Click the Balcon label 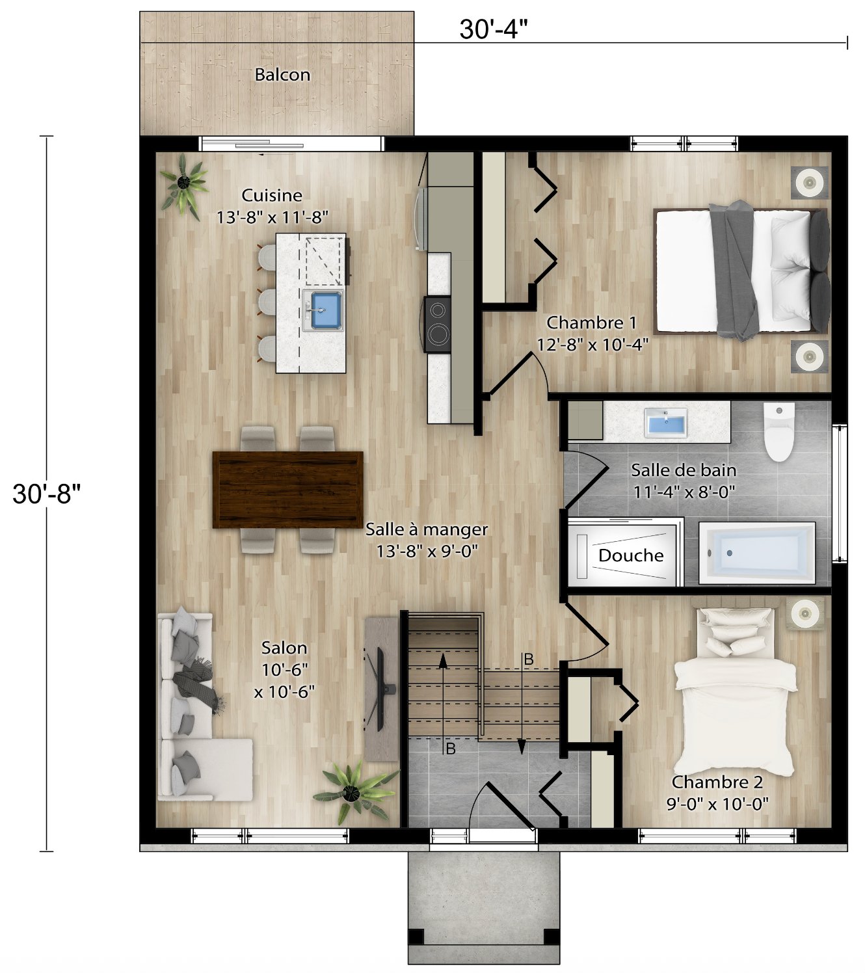pos(282,75)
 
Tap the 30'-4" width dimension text pos(492,29)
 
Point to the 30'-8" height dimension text pos(46,494)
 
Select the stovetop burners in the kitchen pos(438,325)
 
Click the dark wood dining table pos(288,489)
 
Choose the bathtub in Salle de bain pos(757,553)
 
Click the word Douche pos(630,555)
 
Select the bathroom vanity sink pos(666,423)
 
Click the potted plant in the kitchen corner pos(185,184)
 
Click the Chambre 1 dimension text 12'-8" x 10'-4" pos(592,345)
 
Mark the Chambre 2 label pos(717,782)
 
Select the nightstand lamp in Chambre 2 pos(805,613)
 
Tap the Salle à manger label pos(427,529)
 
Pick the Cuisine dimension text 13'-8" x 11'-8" pos(272,217)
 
